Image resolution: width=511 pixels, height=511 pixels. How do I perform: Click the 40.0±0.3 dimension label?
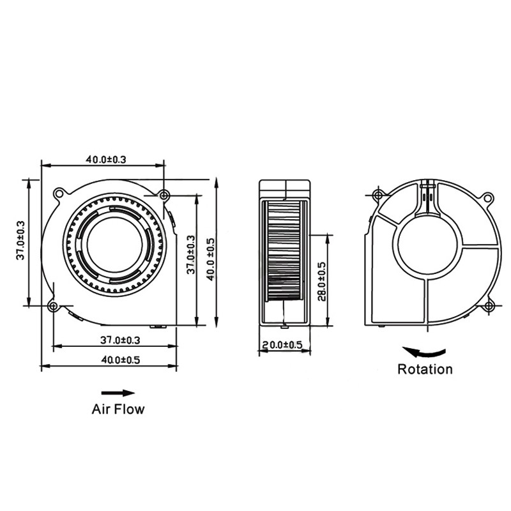pos(106,159)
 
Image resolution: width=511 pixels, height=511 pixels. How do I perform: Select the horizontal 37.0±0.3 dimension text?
pos(120,340)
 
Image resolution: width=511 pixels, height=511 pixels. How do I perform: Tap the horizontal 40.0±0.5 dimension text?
pos(121,360)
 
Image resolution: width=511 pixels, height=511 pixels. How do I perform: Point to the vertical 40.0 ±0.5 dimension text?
pos(211,259)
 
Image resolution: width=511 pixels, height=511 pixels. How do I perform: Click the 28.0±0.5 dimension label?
pos(322,281)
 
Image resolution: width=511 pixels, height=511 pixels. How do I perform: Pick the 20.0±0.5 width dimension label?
pos(282,344)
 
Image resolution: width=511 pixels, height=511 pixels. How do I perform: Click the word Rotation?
pos(425,369)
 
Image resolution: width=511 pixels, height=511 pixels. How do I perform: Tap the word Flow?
pos(129,409)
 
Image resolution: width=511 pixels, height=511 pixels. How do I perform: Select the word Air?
pos(100,409)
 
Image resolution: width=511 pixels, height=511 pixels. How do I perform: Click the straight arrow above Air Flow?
pos(118,393)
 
